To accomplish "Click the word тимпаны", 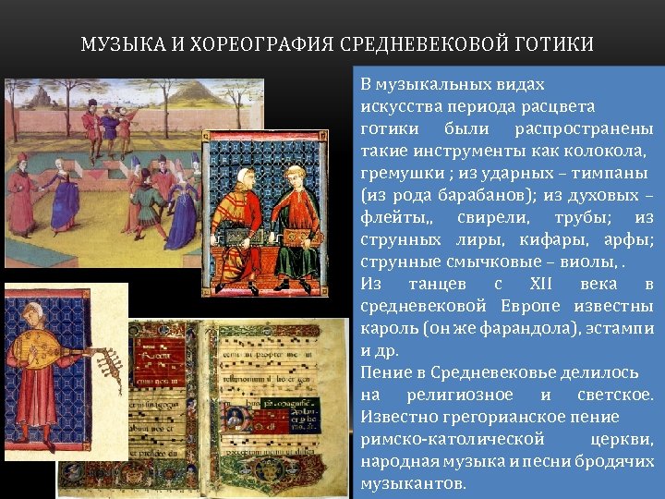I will pos(612,173).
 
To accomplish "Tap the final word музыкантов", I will pos(413,483).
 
